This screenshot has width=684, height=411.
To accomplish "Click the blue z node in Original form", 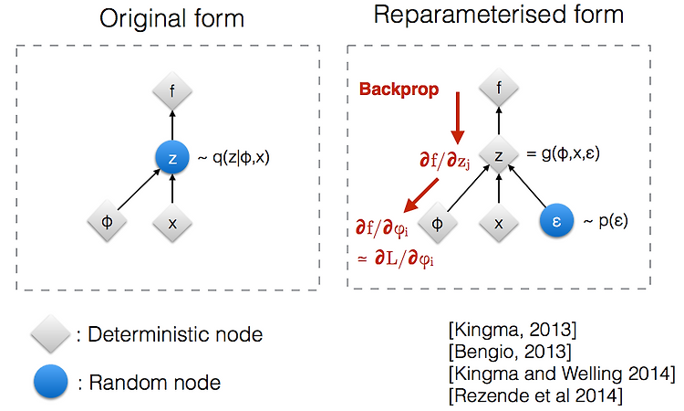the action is (x=172, y=158).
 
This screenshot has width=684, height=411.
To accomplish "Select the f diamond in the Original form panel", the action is (x=172, y=91).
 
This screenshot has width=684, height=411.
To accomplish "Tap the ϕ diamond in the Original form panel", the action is (x=107, y=221).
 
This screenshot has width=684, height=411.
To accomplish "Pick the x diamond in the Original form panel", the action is (x=172, y=223).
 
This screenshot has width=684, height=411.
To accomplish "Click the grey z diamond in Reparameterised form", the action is (x=499, y=155).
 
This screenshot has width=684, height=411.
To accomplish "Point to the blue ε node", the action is (x=556, y=220).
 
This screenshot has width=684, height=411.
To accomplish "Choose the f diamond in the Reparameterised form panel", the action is (x=499, y=88).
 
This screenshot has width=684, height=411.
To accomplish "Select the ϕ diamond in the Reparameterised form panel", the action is (x=438, y=223).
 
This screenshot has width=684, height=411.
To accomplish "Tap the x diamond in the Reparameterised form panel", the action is (x=499, y=223).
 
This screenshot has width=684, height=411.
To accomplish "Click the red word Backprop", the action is (x=399, y=90).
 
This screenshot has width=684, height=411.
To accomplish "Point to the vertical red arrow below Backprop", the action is (x=458, y=118).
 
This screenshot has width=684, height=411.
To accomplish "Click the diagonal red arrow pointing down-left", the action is (x=421, y=195).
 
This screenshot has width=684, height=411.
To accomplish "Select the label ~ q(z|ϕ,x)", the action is (x=233, y=157).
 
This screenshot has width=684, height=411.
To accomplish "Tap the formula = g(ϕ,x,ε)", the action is (x=563, y=153).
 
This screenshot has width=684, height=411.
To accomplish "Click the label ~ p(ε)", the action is (x=606, y=221).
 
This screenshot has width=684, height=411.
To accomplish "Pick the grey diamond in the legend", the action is (x=50, y=333).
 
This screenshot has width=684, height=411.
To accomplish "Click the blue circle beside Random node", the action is (x=50, y=381).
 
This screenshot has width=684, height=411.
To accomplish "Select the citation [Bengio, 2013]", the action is (x=510, y=351).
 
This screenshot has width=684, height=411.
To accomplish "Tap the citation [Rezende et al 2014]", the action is (x=535, y=395).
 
